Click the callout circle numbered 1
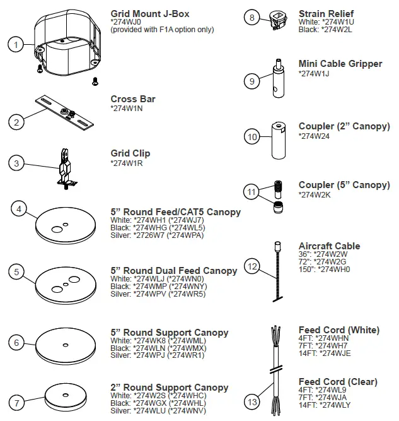click(x=15, y=44)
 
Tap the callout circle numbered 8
click(x=252, y=18)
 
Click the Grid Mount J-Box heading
click(x=150, y=13)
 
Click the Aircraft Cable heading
click(x=329, y=246)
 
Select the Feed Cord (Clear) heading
click(x=338, y=382)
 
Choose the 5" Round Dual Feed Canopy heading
click(x=174, y=271)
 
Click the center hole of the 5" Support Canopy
click(x=66, y=344)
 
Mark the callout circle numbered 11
click(x=252, y=191)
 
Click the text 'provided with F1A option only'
click(x=162, y=30)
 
